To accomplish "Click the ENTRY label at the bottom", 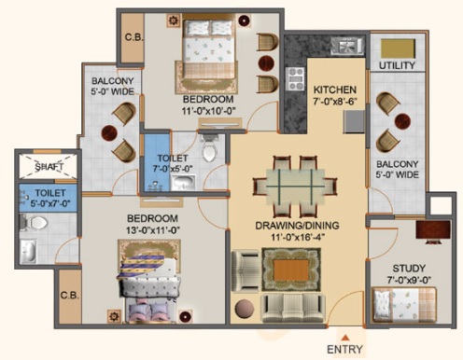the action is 344,349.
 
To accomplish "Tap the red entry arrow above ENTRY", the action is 344,338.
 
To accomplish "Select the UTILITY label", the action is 397,65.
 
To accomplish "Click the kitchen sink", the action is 348,46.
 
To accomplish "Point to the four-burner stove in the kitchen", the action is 295,79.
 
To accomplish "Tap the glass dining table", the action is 295,187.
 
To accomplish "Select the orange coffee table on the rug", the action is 291,270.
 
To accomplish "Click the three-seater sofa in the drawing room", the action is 293,308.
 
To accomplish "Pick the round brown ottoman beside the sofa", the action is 245,309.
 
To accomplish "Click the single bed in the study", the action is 405,306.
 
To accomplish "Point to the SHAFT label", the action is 49,167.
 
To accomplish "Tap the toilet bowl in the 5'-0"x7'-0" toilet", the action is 35,223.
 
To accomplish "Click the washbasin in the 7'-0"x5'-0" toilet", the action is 184,183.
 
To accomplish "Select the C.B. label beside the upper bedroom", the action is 134,37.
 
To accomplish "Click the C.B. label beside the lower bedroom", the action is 69,295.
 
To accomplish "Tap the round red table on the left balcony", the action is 109,133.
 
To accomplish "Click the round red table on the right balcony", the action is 402,121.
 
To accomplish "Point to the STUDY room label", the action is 409,269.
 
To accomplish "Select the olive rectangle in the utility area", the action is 399,48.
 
